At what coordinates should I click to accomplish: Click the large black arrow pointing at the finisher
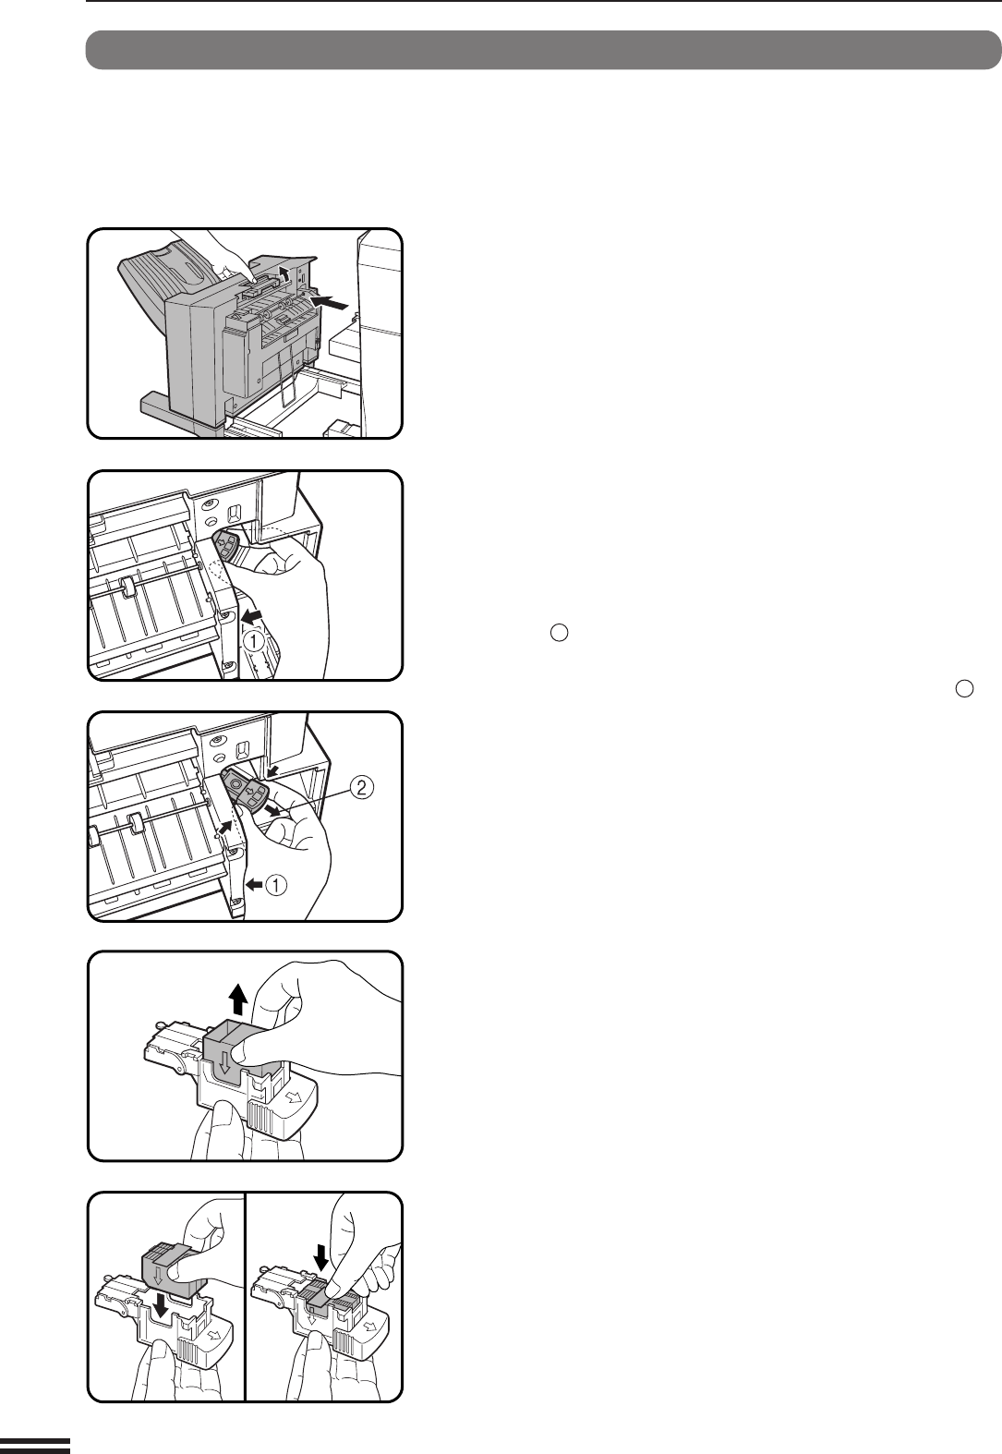tap(331, 302)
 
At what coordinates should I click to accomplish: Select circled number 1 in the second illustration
tap(254, 642)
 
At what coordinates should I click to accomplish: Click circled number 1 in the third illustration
tap(276, 885)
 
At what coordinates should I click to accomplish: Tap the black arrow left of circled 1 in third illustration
tap(254, 883)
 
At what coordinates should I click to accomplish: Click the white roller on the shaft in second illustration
tap(127, 587)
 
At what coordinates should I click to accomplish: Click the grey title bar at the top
tap(543, 50)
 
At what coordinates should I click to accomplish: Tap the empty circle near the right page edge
tap(964, 689)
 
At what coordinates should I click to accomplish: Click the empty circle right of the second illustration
tap(560, 633)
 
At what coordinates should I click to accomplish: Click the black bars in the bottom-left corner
tap(35, 1445)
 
